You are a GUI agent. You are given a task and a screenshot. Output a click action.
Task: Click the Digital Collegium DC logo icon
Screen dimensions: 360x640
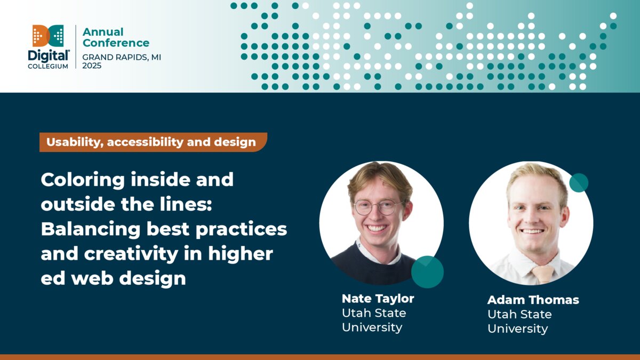tap(48, 35)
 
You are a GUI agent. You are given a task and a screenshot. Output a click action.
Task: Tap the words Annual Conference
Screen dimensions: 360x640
tap(116, 37)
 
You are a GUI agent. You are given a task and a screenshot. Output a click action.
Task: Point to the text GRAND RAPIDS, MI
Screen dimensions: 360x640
tap(122, 57)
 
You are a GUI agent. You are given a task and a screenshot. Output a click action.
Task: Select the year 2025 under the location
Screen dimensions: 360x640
tap(92, 66)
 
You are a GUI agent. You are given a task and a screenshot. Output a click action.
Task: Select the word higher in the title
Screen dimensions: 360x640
tap(242, 254)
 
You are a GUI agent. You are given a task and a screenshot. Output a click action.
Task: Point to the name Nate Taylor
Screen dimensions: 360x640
tap(378, 298)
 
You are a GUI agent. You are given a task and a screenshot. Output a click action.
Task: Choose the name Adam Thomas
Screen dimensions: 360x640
tap(533, 300)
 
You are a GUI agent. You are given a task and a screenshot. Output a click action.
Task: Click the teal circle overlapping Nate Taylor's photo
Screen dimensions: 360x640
tap(427, 271)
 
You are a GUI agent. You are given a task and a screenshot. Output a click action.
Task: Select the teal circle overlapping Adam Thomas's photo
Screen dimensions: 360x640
tap(579, 183)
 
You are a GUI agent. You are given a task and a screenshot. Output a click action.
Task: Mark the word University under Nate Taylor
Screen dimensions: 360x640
tap(372, 327)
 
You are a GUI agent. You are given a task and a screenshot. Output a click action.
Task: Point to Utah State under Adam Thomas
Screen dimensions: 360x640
tap(519, 314)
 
